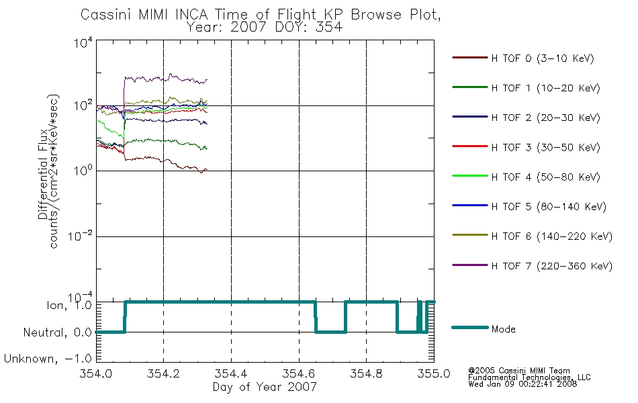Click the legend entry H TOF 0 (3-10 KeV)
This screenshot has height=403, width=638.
pyautogui.click(x=543, y=58)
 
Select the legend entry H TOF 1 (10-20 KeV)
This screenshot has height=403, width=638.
pyautogui.click(x=545, y=88)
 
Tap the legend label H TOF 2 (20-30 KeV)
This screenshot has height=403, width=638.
pyautogui.click(x=545, y=118)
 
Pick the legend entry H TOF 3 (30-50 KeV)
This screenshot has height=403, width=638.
pyautogui.click(x=545, y=147)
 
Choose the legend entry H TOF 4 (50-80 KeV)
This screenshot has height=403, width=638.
pyautogui.click(x=545, y=177)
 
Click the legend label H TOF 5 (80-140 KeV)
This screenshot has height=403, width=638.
pyautogui.click(x=549, y=207)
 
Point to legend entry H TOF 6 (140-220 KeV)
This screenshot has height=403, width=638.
pyautogui.click(x=552, y=236)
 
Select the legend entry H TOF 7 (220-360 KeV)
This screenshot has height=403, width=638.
pyautogui.click(x=552, y=266)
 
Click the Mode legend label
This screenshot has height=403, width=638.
pyautogui.click(x=503, y=329)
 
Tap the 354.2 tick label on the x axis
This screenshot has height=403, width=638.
pyautogui.click(x=163, y=373)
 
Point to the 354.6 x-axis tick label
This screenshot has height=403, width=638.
pyautogui.click(x=299, y=373)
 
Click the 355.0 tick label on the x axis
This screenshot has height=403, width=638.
pyautogui.click(x=434, y=373)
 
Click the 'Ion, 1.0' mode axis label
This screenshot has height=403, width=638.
pyautogui.click(x=69, y=305)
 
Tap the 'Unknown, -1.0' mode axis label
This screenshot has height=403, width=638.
pyautogui.click(x=48, y=359)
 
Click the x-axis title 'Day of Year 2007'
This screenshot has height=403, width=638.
pyautogui.click(x=265, y=387)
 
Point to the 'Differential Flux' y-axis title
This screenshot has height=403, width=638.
pyautogui.click(x=43, y=175)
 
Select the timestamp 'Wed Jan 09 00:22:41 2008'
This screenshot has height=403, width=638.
pyautogui.click(x=522, y=384)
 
